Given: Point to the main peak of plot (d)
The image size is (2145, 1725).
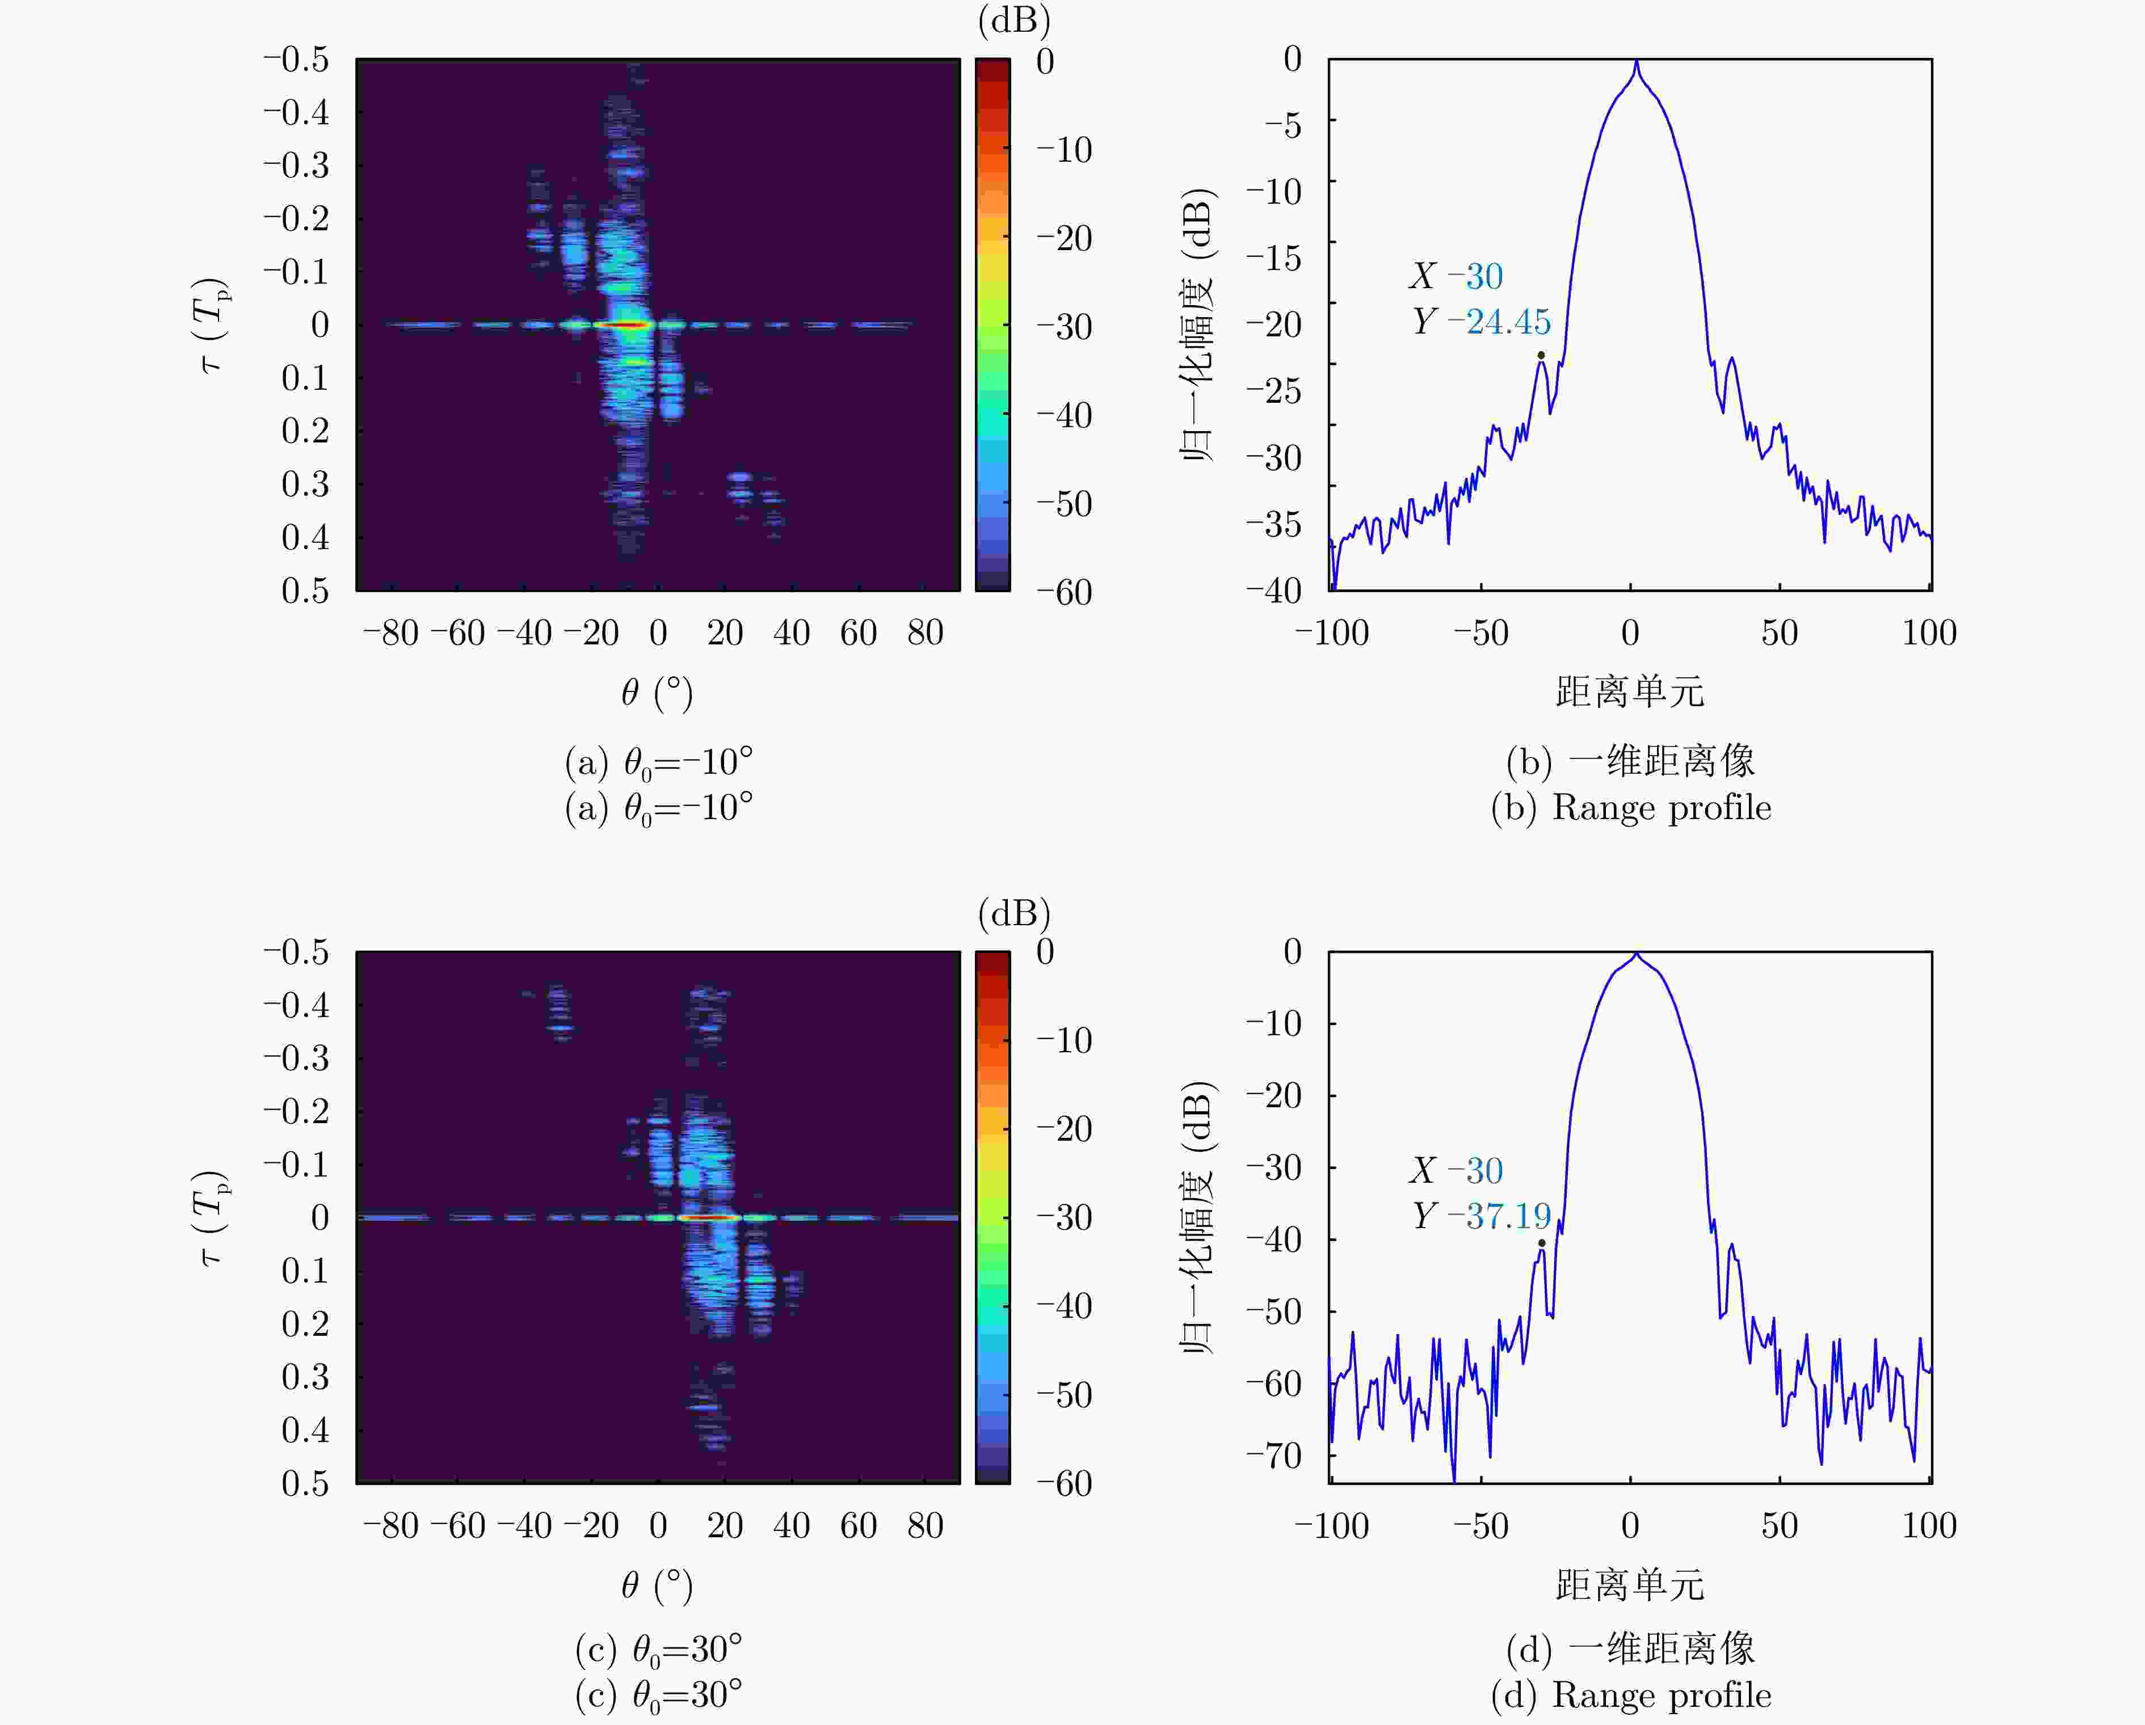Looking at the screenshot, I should pos(1637,955).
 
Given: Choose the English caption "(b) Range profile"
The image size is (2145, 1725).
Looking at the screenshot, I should pos(1631,808).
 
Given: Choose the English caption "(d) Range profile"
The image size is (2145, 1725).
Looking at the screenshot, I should pos(1631,1695).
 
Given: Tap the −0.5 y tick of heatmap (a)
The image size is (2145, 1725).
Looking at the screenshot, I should pos(296,60).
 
